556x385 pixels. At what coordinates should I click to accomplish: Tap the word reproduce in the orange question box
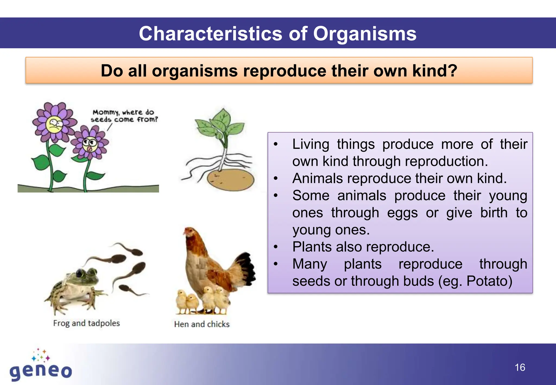pyautogui.click(x=285, y=71)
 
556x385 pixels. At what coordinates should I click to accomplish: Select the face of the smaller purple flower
pyautogui.click(x=90, y=144)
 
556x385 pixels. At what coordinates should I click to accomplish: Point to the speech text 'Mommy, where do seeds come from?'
pyautogui.click(x=124, y=116)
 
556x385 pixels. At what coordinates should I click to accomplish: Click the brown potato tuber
pyautogui.click(x=230, y=179)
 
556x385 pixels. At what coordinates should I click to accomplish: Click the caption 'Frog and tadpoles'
pyautogui.click(x=86, y=323)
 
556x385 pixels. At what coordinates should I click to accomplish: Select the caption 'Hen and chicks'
pyautogui.click(x=202, y=324)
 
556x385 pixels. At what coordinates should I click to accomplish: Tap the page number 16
pyautogui.click(x=520, y=367)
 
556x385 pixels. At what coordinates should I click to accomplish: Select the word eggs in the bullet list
pyautogui.click(x=402, y=213)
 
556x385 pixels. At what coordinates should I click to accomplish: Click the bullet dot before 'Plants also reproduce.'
pyautogui.click(x=276, y=247)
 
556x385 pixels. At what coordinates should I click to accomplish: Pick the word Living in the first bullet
pyautogui.click(x=311, y=144)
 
